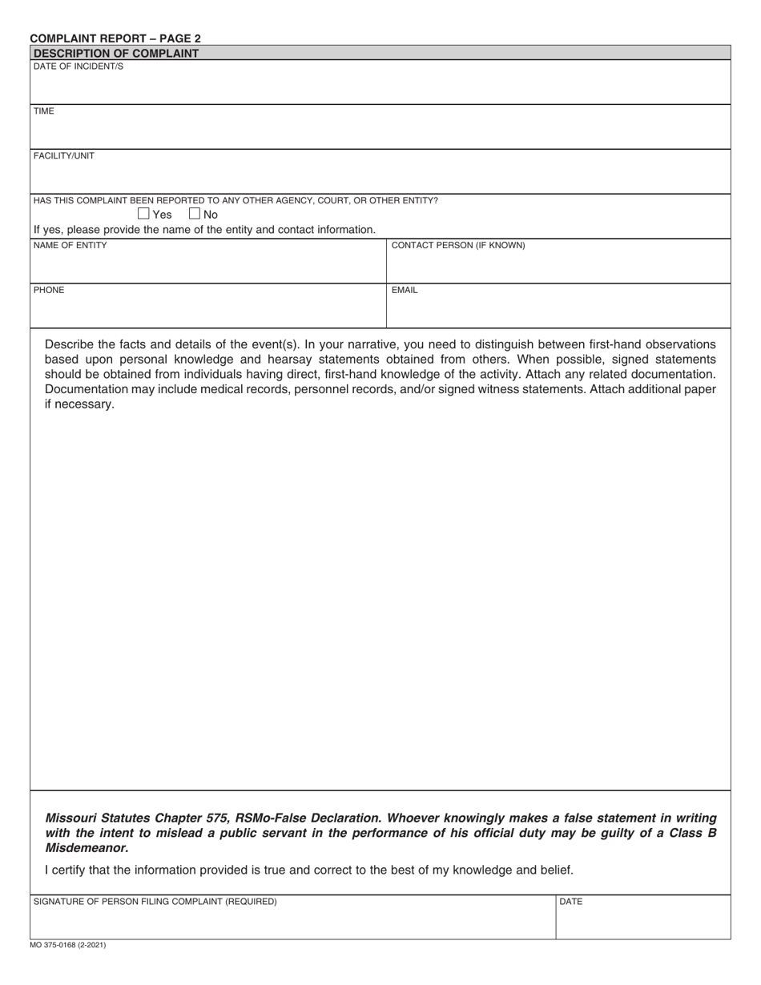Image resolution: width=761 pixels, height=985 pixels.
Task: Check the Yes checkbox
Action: coord(144,214)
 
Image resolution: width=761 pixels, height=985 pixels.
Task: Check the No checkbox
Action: coord(195,214)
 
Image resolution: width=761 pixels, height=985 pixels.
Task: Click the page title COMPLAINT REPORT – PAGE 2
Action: coord(115,38)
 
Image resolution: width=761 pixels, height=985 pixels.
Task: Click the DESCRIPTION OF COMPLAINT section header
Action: coord(116,53)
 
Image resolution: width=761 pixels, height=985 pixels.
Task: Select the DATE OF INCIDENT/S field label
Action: coord(79,66)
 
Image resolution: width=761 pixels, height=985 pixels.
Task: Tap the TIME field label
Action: coord(44,111)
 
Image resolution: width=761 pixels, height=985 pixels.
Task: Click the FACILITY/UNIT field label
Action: coord(63,156)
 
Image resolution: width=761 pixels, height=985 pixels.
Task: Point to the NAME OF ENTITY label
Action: coord(70,246)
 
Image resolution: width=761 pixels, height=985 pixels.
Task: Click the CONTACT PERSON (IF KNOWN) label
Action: coord(458,246)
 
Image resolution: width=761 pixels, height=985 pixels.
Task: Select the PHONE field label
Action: coord(49,291)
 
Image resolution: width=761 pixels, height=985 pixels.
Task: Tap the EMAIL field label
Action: coord(405,291)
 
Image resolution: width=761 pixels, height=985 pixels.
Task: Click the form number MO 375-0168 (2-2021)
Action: coord(67,945)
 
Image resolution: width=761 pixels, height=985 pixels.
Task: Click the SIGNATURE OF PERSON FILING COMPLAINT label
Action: coord(155,902)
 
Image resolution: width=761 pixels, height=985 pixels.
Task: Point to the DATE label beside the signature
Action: coord(571,902)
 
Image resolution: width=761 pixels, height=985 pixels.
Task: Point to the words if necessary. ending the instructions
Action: coord(80,404)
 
